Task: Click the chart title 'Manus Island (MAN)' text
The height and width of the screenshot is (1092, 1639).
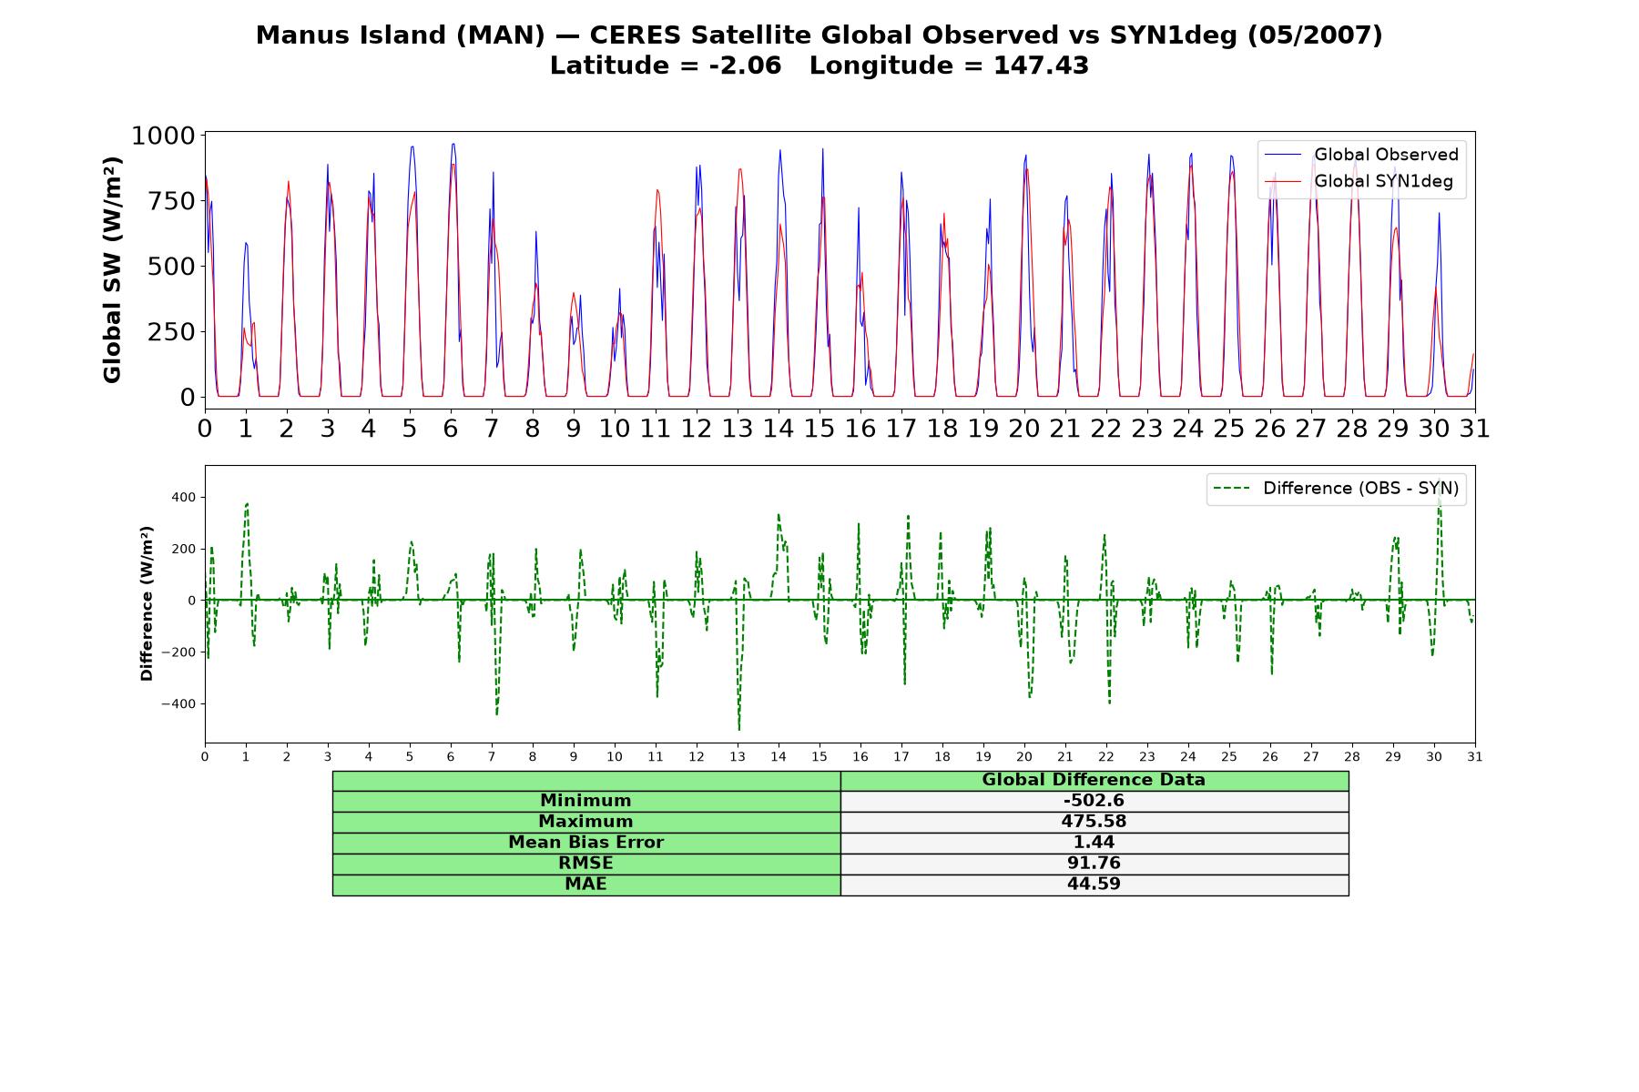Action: [x=400, y=35]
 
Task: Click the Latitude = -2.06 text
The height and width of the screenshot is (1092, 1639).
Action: [x=666, y=66]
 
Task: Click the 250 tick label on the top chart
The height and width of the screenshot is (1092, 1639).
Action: [x=171, y=331]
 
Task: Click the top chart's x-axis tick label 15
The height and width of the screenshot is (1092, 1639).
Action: [x=819, y=428]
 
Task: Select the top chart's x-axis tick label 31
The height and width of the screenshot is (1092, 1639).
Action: [x=1475, y=428]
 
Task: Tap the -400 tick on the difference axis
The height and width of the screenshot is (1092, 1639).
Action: [x=178, y=703]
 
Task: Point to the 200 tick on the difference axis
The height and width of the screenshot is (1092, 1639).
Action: [x=183, y=549]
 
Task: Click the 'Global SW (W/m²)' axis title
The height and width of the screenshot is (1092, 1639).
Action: [x=112, y=270]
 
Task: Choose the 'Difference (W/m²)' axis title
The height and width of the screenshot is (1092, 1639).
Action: [x=147, y=603]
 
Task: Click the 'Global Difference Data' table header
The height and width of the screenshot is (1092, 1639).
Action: [x=1094, y=780]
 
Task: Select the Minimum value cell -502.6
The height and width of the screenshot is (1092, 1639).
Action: [x=1094, y=801]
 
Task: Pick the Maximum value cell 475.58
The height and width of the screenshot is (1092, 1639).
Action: [x=1094, y=822]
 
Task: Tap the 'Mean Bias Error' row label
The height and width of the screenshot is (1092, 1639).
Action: [x=585, y=843]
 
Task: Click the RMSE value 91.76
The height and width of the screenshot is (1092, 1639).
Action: [x=1094, y=864]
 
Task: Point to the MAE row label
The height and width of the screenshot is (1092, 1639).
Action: [x=585, y=885]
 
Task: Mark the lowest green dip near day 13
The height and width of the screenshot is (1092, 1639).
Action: [x=738, y=729]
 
